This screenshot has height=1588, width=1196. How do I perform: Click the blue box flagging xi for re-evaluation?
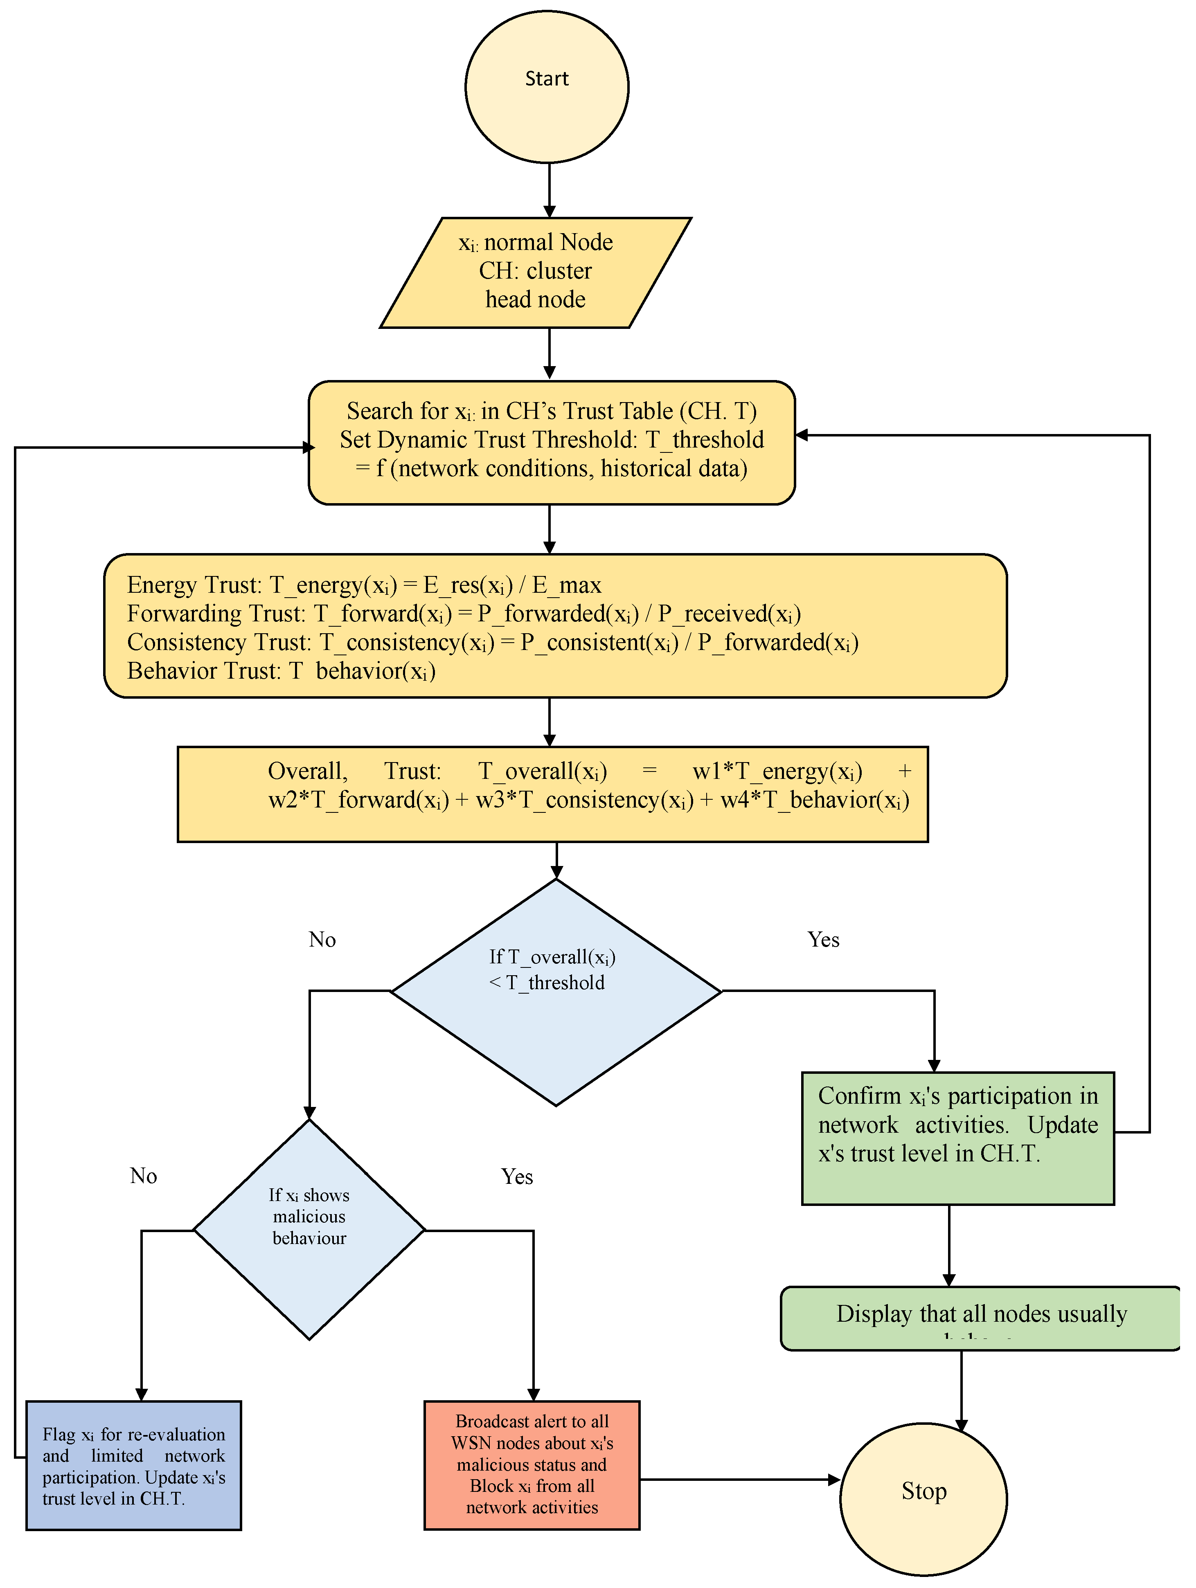133,1465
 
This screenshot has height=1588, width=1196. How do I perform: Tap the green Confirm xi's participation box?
958,1138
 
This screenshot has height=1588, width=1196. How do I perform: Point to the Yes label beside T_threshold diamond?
823,940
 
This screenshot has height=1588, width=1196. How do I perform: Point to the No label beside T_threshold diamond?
322,940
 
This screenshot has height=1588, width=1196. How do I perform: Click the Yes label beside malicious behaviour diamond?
517,1176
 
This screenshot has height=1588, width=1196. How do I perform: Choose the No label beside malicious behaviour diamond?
144,1176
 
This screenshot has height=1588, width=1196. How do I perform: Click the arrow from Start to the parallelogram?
549,190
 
